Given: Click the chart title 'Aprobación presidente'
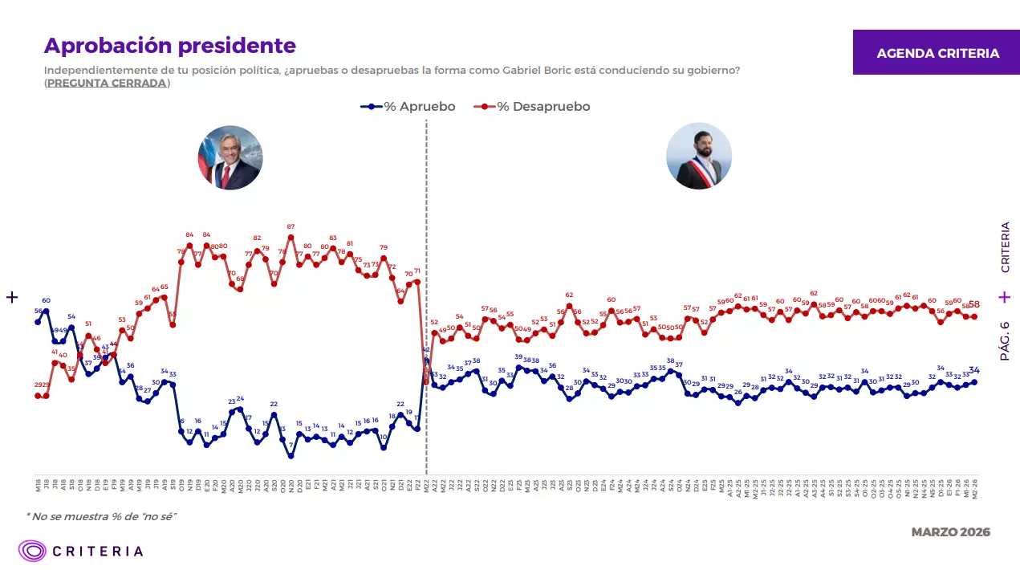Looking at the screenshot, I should tap(169, 46).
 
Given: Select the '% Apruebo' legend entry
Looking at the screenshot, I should tap(408, 107).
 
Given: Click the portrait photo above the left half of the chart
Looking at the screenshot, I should tap(230, 157).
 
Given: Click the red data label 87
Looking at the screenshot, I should tap(291, 227).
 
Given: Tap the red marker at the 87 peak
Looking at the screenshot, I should tap(291, 237).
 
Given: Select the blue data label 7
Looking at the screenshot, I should tap(291, 445).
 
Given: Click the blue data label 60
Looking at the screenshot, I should tap(47, 301).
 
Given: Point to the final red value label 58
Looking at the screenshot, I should tap(974, 305).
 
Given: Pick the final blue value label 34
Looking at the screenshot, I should tap(974, 370).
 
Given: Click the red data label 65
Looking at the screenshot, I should tap(165, 287).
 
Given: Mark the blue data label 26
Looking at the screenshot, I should tap(738, 393).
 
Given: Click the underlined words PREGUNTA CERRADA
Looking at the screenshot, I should tap(107, 83).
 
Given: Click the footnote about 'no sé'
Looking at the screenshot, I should tap(101, 515).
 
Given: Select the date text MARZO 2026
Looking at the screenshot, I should tap(950, 532).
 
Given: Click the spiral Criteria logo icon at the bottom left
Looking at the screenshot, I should tap(33, 551).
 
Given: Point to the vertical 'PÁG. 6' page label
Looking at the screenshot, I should tap(1005, 340).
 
